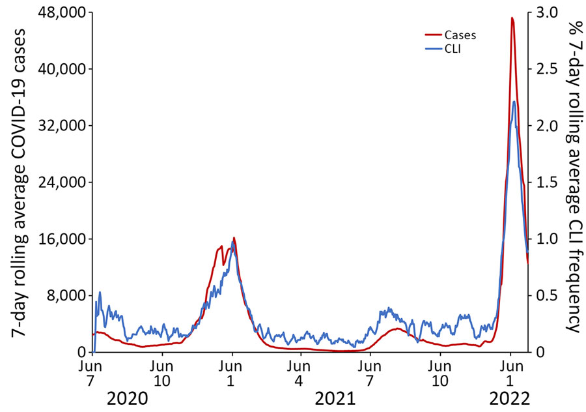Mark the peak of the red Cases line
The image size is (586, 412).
[512, 18]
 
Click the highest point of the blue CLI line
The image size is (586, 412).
[514, 102]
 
